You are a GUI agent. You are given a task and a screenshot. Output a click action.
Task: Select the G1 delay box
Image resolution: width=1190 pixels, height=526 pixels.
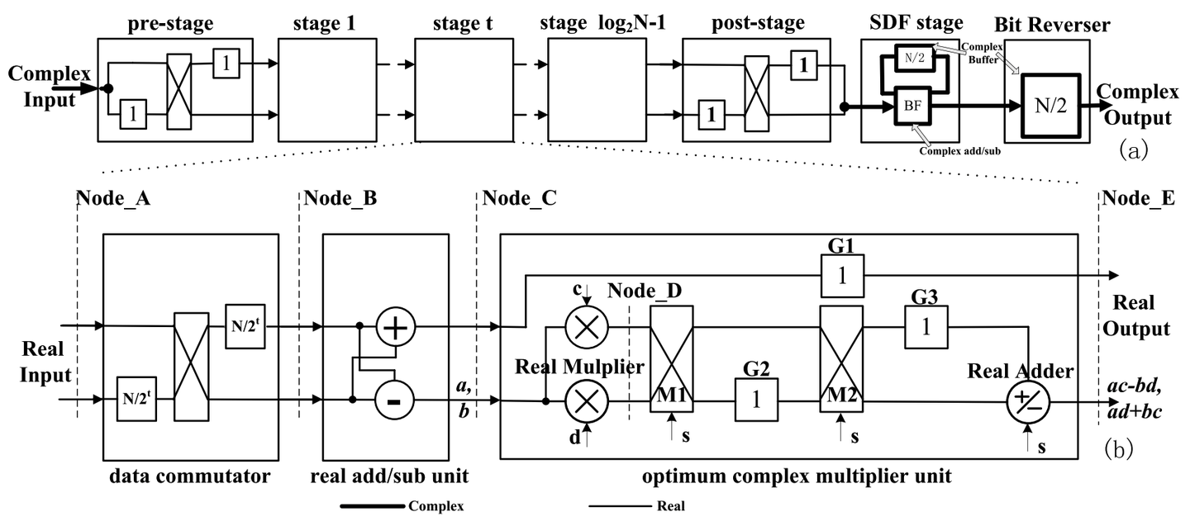pyautogui.click(x=842, y=275)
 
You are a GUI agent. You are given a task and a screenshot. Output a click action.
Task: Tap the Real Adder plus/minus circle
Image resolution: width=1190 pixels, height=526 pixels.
pyautogui.click(x=1028, y=401)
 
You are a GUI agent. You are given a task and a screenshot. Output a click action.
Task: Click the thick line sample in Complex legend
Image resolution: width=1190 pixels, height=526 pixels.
pyautogui.click(x=371, y=505)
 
